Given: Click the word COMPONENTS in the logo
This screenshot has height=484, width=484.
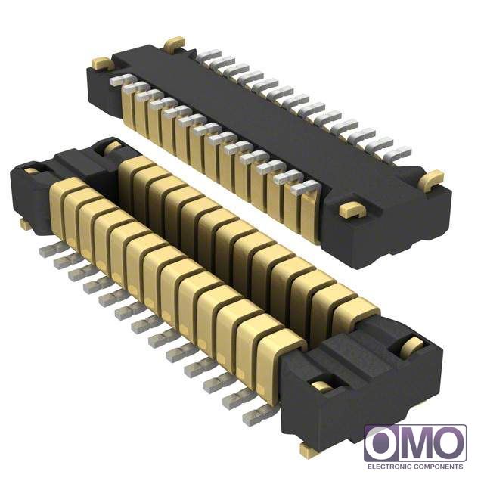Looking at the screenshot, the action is click(439, 466).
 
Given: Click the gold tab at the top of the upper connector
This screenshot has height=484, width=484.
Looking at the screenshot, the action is click(175, 44).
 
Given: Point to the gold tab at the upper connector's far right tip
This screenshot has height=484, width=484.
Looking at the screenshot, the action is click(431, 180).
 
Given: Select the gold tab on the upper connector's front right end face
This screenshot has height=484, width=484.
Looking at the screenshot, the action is click(352, 209).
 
